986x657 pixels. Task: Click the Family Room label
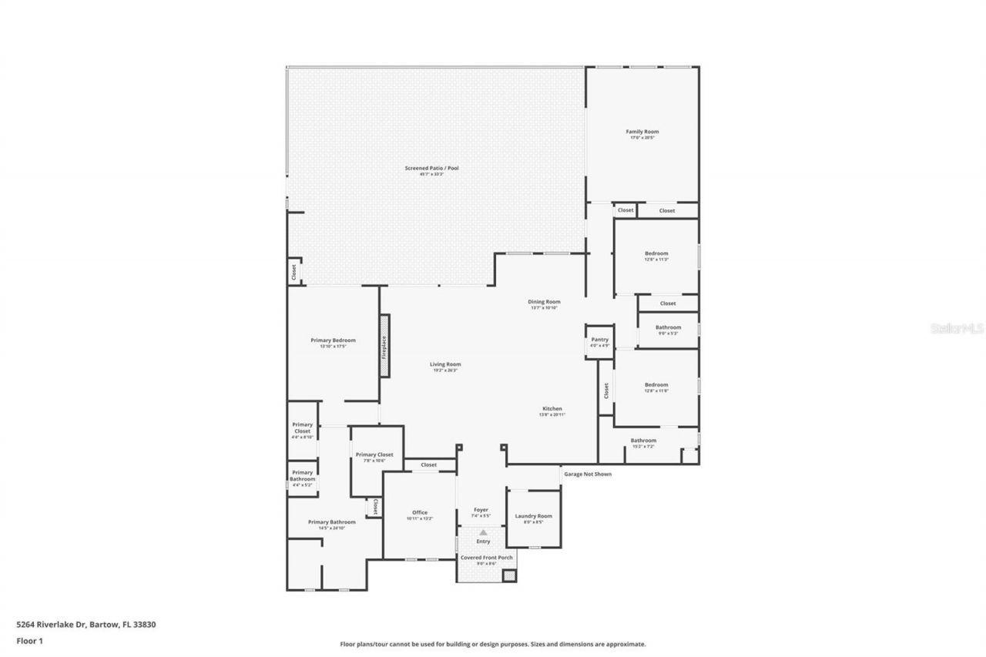tap(642, 132)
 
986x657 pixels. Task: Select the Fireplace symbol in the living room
tap(384, 346)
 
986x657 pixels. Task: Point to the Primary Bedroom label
tap(333, 340)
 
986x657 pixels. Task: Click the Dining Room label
tap(543, 302)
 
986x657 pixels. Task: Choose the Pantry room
tap(599, 340)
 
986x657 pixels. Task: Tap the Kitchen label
tap(552, 409)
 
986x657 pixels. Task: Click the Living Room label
tap(445, 364)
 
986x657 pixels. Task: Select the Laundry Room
tap(533, 516)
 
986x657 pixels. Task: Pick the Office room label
tap(419, 513)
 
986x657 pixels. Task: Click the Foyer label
tap(481, 510)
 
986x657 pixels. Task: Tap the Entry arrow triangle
tap(483, 532)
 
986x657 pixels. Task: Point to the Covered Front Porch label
tap(486, 558)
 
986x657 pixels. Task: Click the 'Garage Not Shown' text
tap(587, 474)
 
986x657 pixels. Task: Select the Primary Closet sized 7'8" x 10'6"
tap(374, 455)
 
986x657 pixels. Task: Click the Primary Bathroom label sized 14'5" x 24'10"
tap(332, 522)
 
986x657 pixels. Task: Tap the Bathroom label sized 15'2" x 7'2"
tap(643, 441)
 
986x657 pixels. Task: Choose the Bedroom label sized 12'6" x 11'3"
tap(656, 253)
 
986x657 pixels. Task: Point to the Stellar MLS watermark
tap(957, 327)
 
